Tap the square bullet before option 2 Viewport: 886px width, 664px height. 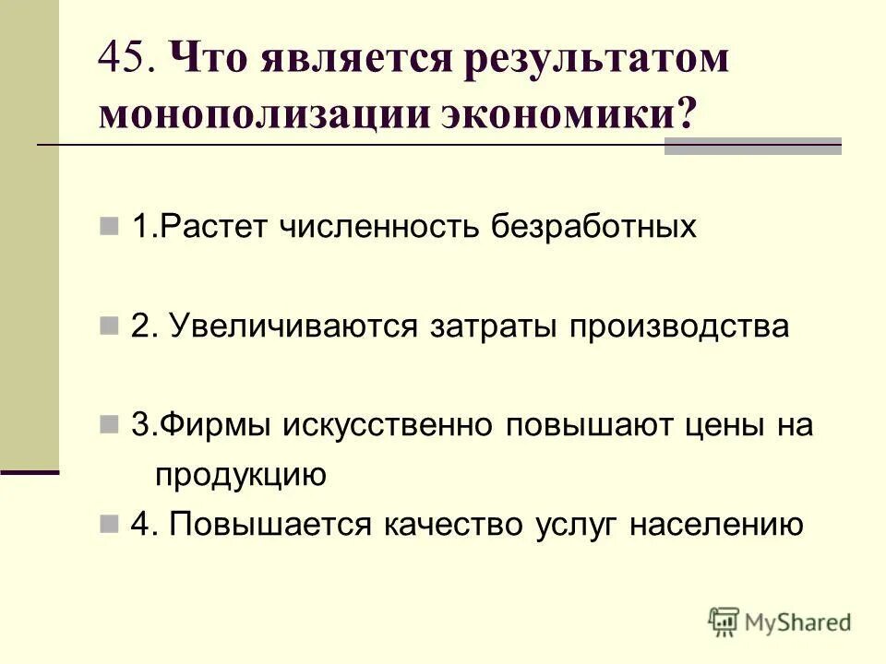tap(109, 327)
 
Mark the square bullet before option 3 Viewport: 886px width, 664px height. tap(109, 426)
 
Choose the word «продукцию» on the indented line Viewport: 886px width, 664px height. tap(240, 476)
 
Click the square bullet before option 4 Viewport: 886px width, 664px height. tap(109, 525)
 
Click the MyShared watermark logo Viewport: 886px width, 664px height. tap(780, 622)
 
